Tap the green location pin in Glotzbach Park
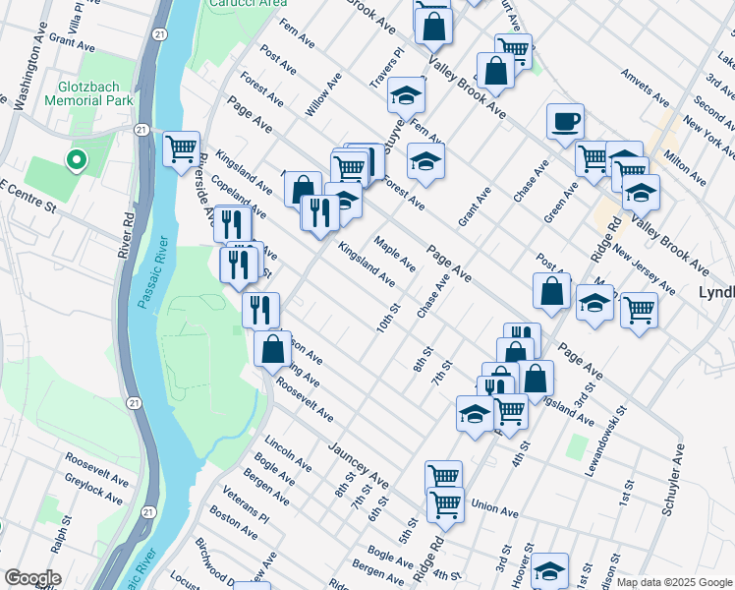(75, 159)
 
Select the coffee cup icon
(565, 122)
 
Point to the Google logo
(31, 578)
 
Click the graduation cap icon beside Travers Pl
(403, 95)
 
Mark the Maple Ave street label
(395, 254)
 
